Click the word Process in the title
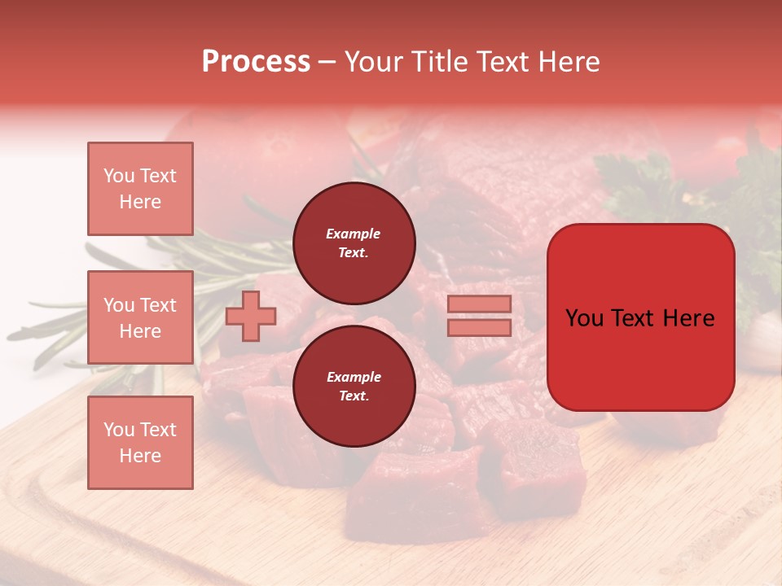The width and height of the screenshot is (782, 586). click(x=256, y=62)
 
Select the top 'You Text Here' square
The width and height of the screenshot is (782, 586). click(x=140, y=189)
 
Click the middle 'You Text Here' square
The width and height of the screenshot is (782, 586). click(x=140, y=317)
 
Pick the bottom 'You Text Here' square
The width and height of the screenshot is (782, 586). click(x=140, y=443)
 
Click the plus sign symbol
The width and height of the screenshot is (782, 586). click(x=251, y=316)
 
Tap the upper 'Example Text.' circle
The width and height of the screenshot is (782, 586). click(x=354, y=243)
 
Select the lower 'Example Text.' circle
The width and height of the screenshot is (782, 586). click(x=354, y=387)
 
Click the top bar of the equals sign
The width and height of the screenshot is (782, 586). click(x=480, y=304)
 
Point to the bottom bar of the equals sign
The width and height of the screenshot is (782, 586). click(x=480, y=327)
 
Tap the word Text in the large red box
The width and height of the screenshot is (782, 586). click(x=639, y=318)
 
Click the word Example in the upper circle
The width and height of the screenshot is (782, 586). click(x=354, y=234)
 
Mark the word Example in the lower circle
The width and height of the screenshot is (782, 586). click(x=354, y=377)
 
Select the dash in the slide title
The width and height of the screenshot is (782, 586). click(x=327, y=62)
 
